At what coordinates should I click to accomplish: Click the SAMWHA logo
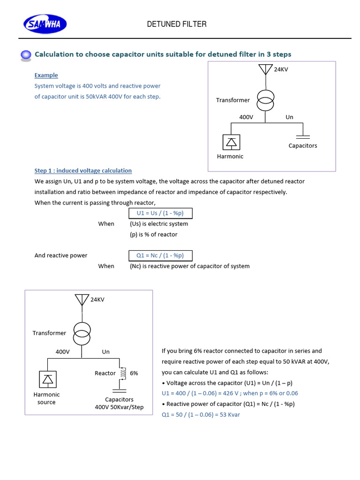point(45,24)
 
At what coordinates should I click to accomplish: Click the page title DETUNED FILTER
point(177,24)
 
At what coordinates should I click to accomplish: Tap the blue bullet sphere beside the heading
point(27,55)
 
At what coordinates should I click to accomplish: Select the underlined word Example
point(46,75)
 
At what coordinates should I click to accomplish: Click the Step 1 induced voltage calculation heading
point(83,171)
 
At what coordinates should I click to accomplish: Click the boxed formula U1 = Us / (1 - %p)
point(160,213)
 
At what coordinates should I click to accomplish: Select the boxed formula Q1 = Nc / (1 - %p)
point(160,255)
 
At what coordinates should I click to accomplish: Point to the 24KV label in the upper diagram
point(281,69)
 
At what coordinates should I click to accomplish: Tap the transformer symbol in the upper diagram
point(266,100)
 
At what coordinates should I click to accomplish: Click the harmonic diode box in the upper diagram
point(231,142)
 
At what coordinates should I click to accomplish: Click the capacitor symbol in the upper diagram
point(303,136)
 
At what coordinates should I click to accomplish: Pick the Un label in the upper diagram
point(289,117)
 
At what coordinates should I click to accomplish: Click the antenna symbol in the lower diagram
point(82,300)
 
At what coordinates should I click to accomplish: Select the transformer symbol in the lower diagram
point(82,332)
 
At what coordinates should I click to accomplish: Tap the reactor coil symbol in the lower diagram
point(124,373)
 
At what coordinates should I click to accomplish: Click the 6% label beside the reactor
point(134,373)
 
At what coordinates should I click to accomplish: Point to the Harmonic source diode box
point(48,379)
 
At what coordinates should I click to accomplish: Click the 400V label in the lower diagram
point(62,352)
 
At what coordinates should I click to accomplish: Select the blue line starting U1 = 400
point(230,393)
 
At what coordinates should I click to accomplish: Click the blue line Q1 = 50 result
point(201,414)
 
